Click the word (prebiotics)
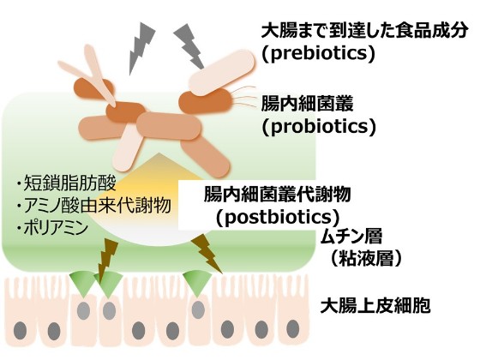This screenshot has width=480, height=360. pyautogui.click(x=318, y=54)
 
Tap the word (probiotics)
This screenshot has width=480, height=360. pyautogui.click(x=319, y=127)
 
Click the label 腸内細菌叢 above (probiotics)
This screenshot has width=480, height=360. pyautogui.click(x=307, y=103)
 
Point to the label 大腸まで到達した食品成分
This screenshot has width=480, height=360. pyautogui.click(x=364, y=31)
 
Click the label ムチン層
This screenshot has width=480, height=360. pyautogui.click(x=351, y=237)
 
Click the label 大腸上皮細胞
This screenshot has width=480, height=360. pyautogui.click(x=375, y=305)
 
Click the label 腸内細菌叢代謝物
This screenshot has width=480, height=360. pyautogui.click(x=277, y=194)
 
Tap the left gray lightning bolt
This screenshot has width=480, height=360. pyautogui.click(x=141, y=48)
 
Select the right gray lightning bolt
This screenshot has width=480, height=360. pyautogui.click(x=189, y=46)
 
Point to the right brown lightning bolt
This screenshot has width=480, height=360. pyautogui.click(x=207, y=253)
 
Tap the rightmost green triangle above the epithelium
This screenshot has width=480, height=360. pyautogui.click(x=197, y=282)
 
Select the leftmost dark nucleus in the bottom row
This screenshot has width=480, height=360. pyautogui.click(x=20, y=331)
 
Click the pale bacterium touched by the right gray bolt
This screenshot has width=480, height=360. pyautogui.click(x=221, y=73)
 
